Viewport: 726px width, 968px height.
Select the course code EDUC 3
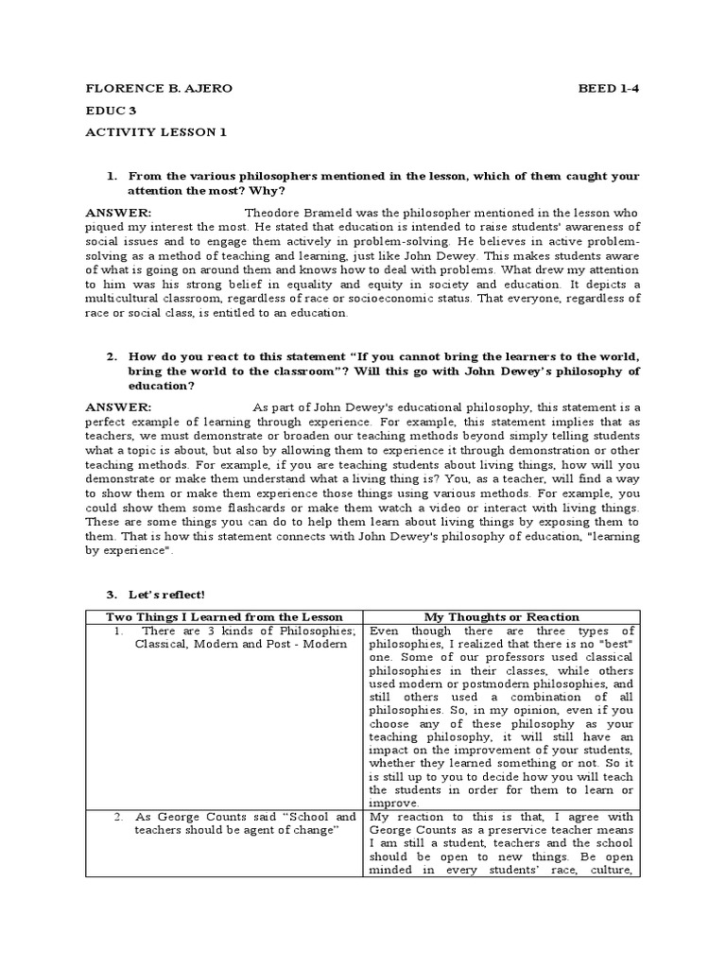coord(112,110)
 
